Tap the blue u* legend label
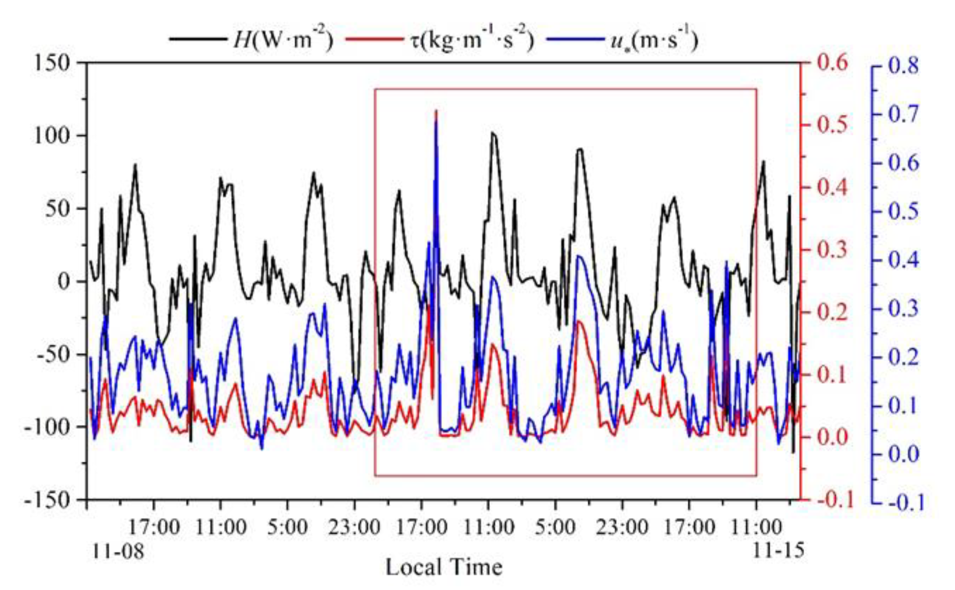click(653, 40)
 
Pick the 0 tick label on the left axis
click(63, 281)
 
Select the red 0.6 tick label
click(832, 62)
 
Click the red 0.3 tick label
click(832, 250)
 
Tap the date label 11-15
click(778, 551)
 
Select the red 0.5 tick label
click(832, 125)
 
